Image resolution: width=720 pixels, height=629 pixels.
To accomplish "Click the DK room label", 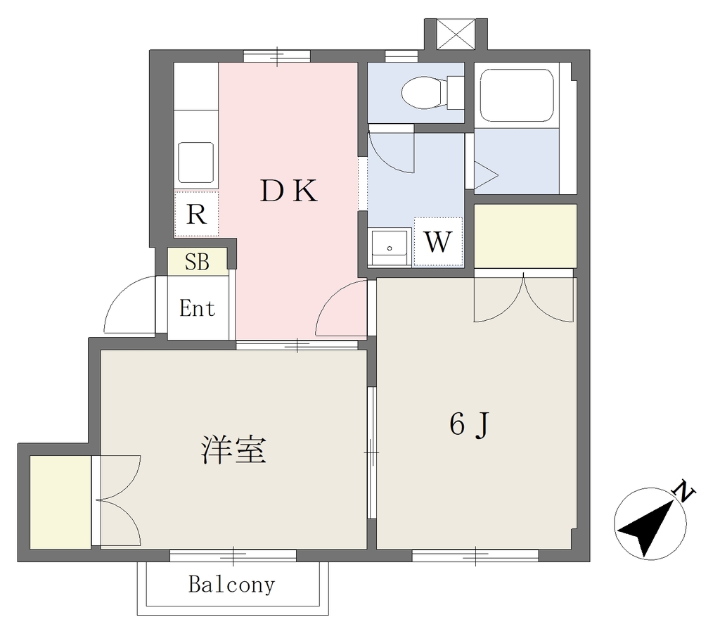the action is [x=289, y=191].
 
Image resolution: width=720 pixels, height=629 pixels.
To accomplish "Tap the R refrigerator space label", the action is [x=197, y=214].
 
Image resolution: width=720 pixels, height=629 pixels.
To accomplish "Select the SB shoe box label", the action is [x=197, y=262].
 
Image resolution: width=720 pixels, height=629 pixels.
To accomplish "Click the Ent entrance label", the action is [x=198, y=308].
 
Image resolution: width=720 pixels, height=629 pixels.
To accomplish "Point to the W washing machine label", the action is [x=437, y=241].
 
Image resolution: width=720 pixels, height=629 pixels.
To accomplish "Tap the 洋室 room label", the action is [x=233, y=450].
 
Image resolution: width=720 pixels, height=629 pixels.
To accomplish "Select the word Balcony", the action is [x=232, y=585].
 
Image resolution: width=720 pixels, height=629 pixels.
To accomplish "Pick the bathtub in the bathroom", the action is [x=517, y=96].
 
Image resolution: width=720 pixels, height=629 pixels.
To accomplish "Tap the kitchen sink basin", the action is [x=195, y=163].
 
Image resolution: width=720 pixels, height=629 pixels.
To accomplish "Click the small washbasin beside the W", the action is [x=390, y=247].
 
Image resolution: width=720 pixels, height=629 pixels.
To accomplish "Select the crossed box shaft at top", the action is [x=455, y=34].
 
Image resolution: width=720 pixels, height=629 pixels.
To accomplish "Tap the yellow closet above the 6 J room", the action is [x=525, y=236].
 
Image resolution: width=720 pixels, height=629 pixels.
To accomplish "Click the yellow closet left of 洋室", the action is [x=60, y=502].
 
